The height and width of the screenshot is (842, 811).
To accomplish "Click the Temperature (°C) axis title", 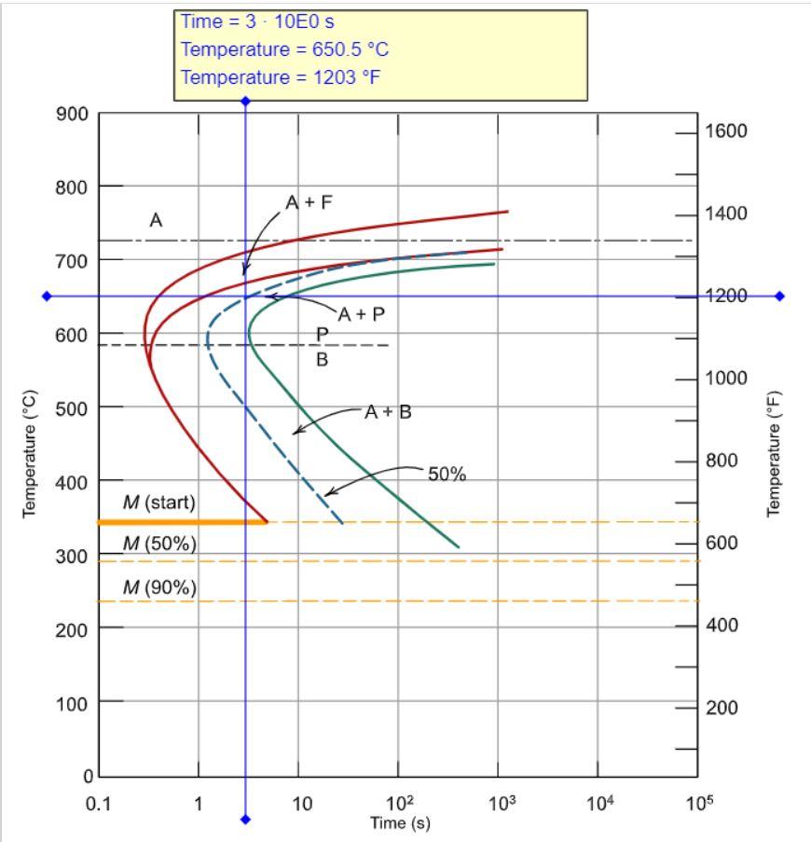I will click(x=29, y=453).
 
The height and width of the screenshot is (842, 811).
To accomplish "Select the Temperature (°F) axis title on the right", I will click(x=773, y=453).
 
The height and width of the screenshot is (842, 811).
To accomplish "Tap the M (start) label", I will click(x=160, y=503).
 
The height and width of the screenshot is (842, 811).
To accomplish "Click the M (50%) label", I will click(x=160, y=545).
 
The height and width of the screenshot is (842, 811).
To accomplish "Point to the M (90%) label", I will click(x=160, y=587).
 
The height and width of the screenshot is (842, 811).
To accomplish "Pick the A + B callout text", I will click(x=387, y=411).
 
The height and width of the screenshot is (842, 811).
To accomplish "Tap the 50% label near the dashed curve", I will click(x=447, y=474).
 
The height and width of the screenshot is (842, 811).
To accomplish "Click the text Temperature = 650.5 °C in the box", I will click(x=284, y=49).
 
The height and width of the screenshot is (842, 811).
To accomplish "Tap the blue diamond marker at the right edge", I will click(x=779, y=297).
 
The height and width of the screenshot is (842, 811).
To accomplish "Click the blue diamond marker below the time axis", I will click(x=246, y=820).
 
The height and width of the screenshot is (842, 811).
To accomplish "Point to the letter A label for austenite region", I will click(x=157, y=220).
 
